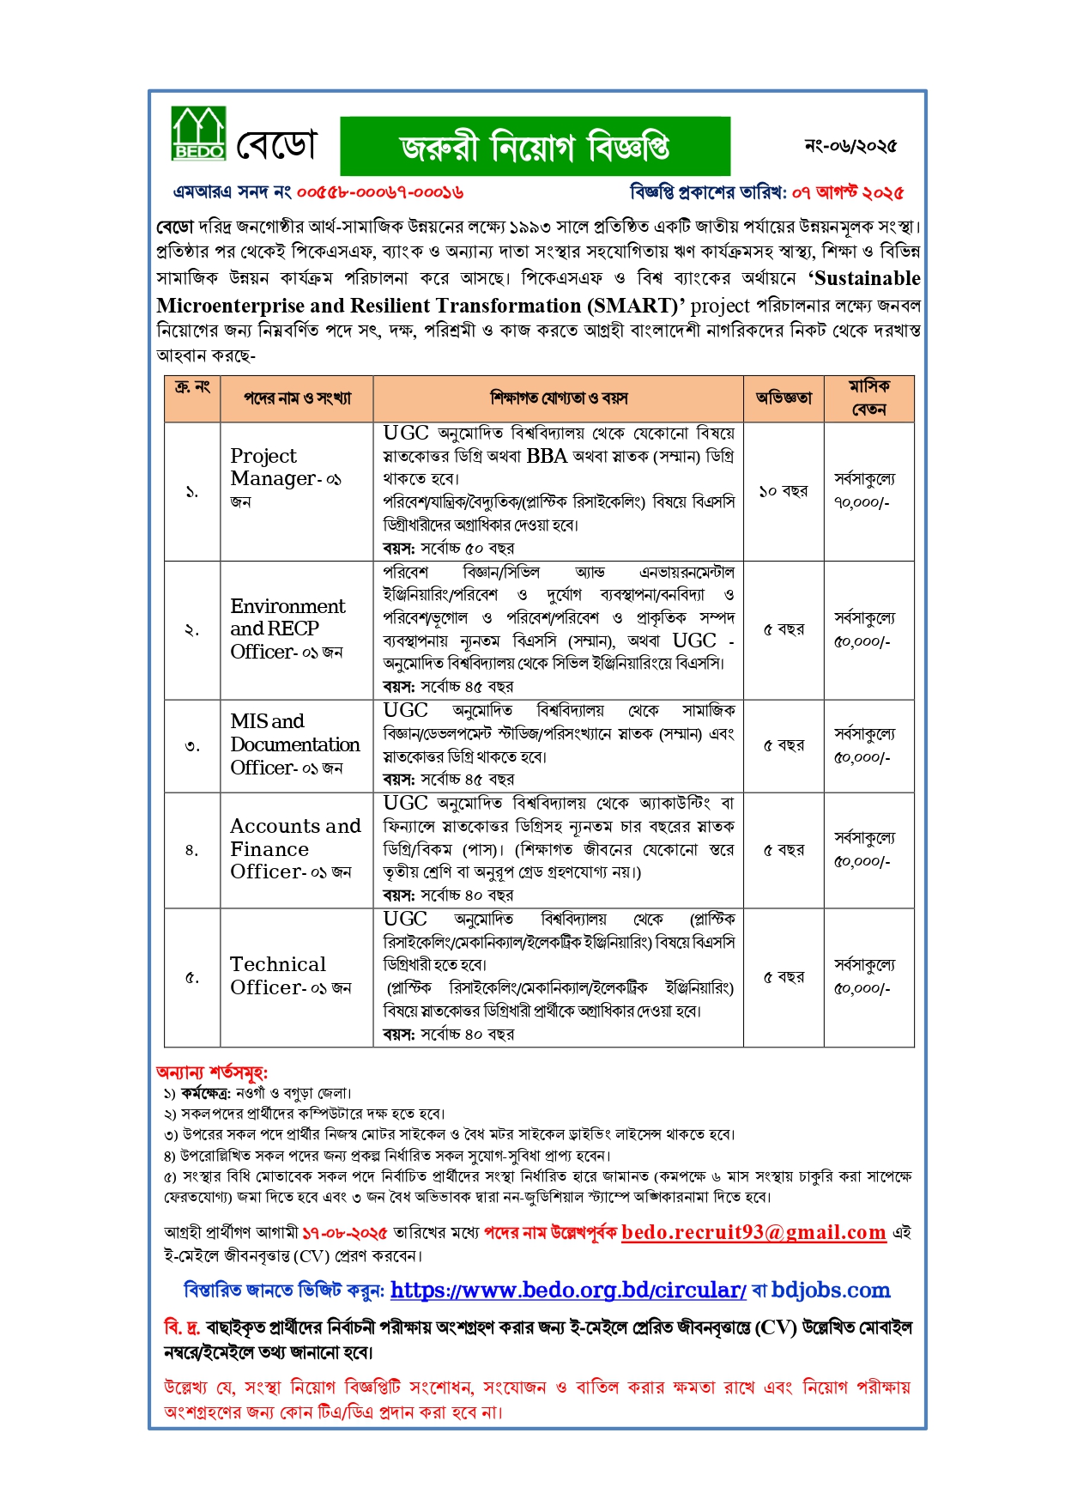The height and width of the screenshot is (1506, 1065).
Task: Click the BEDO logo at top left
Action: pyautogui.click(x=199, y=134)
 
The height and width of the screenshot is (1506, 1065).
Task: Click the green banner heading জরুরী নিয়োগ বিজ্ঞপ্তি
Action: pyautogui.click(x=535, y=147)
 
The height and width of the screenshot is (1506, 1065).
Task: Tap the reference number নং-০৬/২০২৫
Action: pyautogui.click(x=850, y=146)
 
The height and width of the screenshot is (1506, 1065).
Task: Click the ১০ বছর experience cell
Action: pyautogui.click(x=783, y=491)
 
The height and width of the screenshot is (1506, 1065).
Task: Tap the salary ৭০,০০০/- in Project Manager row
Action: pyautogui.click(x=862, y=503)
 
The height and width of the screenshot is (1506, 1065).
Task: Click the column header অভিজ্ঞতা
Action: pyautogui.click(x=783, y=398)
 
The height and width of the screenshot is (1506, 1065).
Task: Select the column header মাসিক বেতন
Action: pyautogui.click(x=868, y=398)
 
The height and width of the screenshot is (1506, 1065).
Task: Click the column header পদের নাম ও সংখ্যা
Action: pyautogui.click(x=297, y=398)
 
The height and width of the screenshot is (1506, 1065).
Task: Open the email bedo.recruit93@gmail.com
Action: pyautogui.click(x=753, y=1233)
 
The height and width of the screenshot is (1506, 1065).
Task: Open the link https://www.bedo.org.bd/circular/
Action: pyautogui.click(x=568, y=1290)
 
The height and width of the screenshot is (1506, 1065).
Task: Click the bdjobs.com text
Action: pyautogui.click(x=830, y=1290)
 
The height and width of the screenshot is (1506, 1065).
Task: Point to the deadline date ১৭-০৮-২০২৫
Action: pyautogui.click(x=345, y=1234)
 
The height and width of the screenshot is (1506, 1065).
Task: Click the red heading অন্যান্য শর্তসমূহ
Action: pyautogui.click(x=212, y=1072)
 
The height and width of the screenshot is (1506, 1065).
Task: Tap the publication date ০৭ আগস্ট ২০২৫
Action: pyautogui.click(x=848, y=192)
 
